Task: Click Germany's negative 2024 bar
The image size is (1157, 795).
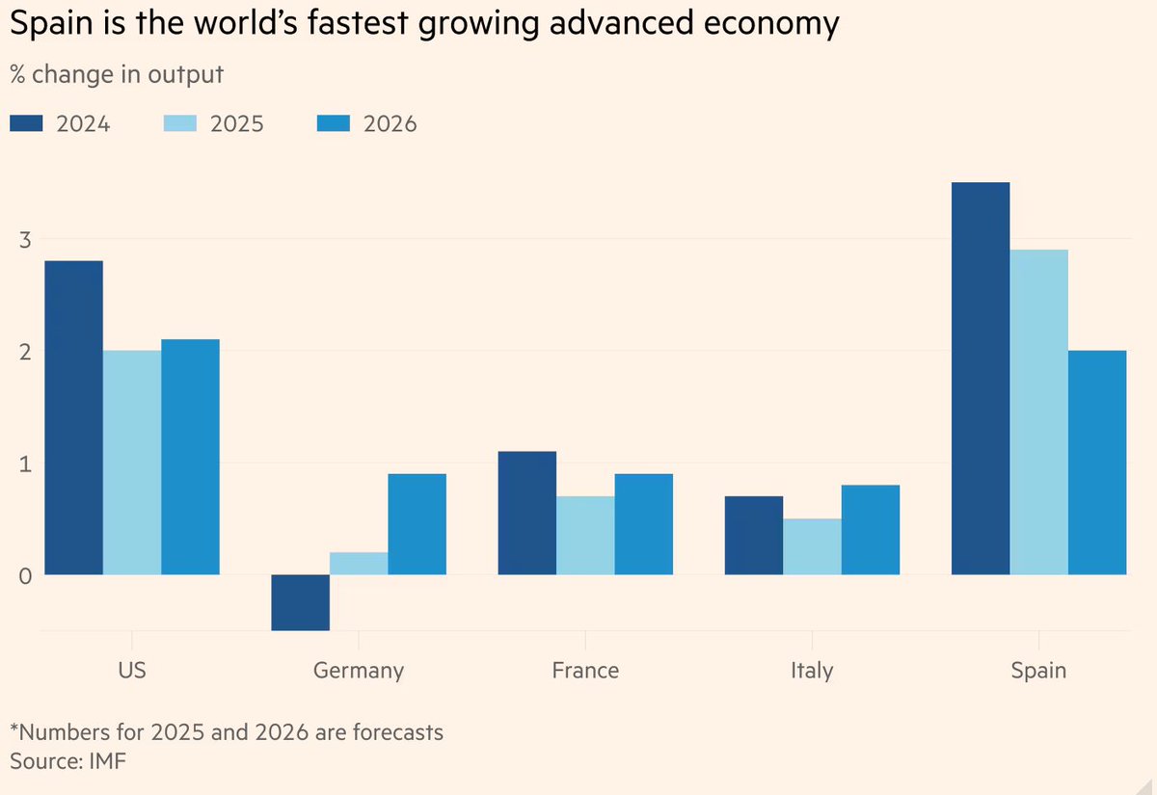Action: pos(300,602)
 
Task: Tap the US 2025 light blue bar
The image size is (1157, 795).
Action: pos(132,463)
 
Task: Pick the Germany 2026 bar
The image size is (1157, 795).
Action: pos(417,524)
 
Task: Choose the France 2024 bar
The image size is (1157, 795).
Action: pos(526,514)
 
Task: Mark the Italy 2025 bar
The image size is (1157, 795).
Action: pos(812,546)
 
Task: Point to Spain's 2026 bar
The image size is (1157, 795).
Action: pos(1097,463)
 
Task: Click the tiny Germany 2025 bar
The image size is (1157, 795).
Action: pos(359,564)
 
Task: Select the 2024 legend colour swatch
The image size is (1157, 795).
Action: pos(27,123)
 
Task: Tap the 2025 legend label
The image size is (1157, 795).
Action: pos(236,123)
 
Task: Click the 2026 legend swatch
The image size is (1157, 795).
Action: pos(335,123)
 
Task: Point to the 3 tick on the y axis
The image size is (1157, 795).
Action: pos(25,239)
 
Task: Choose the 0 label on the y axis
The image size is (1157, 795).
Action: pos(25,575)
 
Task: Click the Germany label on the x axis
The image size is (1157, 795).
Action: pos(359,670)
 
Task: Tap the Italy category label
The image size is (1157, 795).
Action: pos(812,670)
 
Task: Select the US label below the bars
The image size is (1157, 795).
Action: pos(132,670)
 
